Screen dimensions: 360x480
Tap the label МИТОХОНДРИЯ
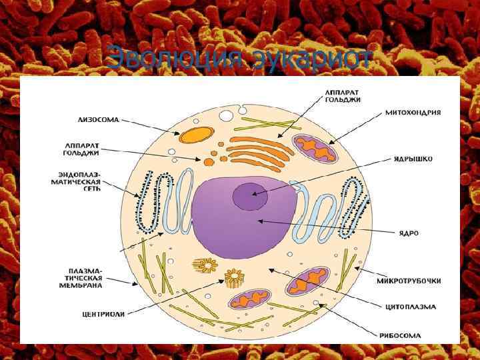coord(413,113)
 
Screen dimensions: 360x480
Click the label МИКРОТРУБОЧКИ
coord(409,280)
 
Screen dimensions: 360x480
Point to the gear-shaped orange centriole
coord(235,277)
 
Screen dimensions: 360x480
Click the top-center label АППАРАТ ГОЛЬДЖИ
coord(343,95)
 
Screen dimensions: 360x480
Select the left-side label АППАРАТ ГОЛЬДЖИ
coord(82,148)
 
